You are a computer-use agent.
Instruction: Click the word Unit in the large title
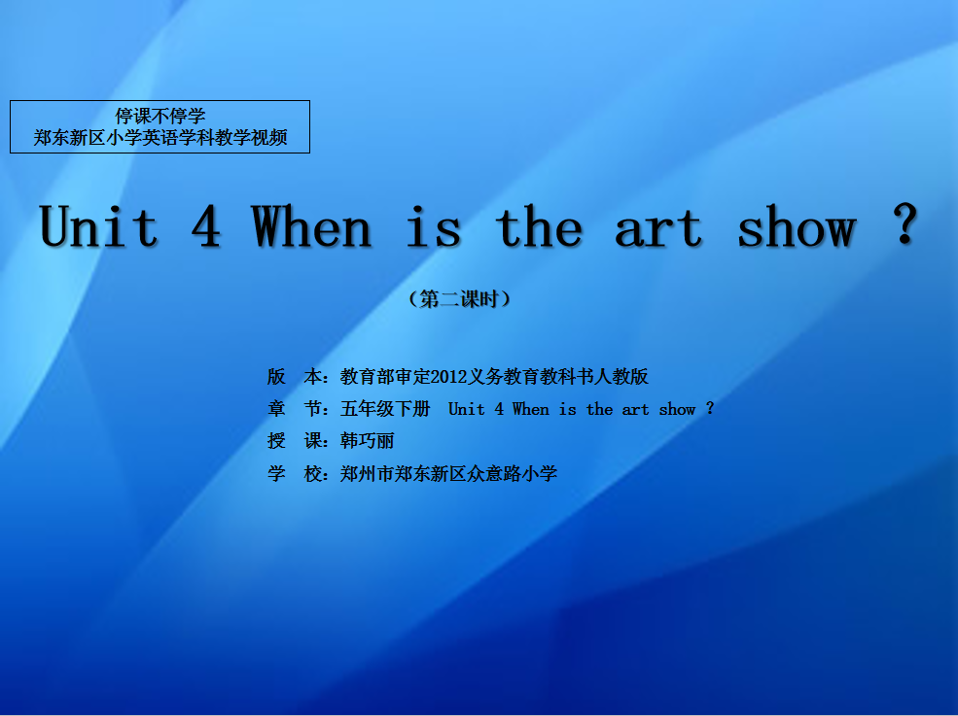(99, 226)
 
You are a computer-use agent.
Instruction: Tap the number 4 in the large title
(206, 226)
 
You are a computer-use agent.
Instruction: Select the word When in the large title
(311, 226)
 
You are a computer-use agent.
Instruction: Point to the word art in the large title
(658, 229)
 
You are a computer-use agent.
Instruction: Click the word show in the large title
(797, 226)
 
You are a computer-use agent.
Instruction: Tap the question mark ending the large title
(905, 223)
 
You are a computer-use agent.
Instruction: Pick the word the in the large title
(539, 226)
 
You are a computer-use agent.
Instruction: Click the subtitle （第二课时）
(459, 299)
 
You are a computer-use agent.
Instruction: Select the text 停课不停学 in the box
(160, 116)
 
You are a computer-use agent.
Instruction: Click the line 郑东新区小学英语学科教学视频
(160, 138)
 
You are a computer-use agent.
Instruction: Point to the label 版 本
(295, 377)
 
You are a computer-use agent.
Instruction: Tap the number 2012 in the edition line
(449, 377)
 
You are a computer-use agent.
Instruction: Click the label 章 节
(295, 408)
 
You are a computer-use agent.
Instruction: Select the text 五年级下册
(385, 408)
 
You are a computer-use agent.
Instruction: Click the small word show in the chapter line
(677, 409)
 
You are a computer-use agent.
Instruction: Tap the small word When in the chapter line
(531, 409)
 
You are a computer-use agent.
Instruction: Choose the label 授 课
(295, 441)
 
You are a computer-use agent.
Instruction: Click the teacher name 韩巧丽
(368, 441)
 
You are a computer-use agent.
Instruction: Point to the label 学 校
(295, 474)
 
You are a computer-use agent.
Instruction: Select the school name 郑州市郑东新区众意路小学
(449, 474)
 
